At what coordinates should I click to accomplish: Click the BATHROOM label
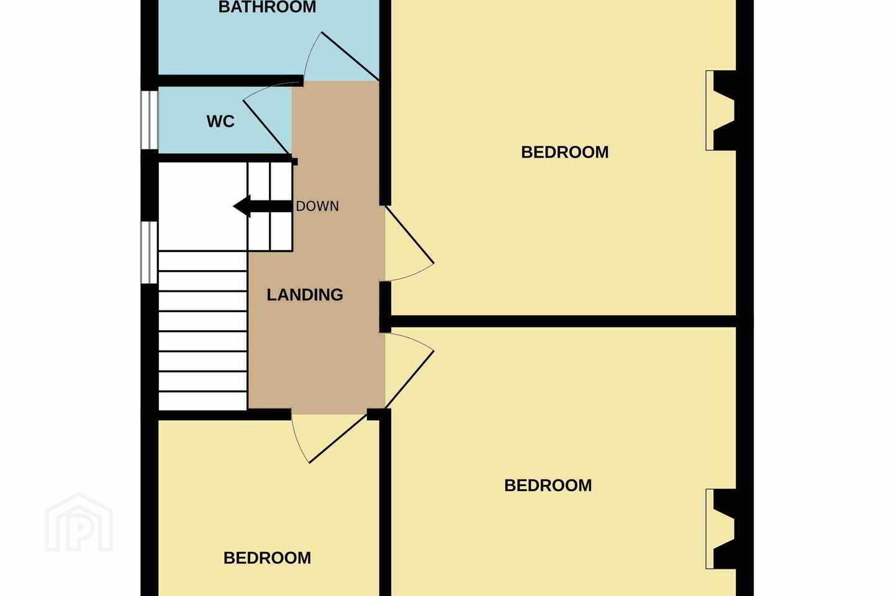click(x=267, y=7)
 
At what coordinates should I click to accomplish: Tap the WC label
click(x=220, y=121)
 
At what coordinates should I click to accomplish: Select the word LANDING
click(x=304, y=295)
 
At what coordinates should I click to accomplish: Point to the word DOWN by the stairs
click(x=317, y=206)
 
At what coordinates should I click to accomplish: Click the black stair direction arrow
click(x=262, y=206)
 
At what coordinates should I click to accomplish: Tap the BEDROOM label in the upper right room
click(x=565, y=152)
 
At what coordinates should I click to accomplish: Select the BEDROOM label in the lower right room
click(x=548, y=485)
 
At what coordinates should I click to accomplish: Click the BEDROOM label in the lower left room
click(x=267, y=558)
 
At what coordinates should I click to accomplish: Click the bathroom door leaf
click(x=350, y=56)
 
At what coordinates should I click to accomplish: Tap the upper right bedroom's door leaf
click(x=410, y=234)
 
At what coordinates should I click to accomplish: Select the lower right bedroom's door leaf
click(x=410, y=380)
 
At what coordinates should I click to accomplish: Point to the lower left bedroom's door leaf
click(x=338, y=438)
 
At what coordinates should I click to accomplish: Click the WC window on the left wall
click(x=150, y=120)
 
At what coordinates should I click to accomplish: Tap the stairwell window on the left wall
click(x=150, y=252)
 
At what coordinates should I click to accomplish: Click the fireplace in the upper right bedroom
click(x=721, y=111)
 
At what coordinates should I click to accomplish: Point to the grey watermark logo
click(x=79, y=522)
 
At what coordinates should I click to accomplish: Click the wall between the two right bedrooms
click(x=563, y=322)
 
